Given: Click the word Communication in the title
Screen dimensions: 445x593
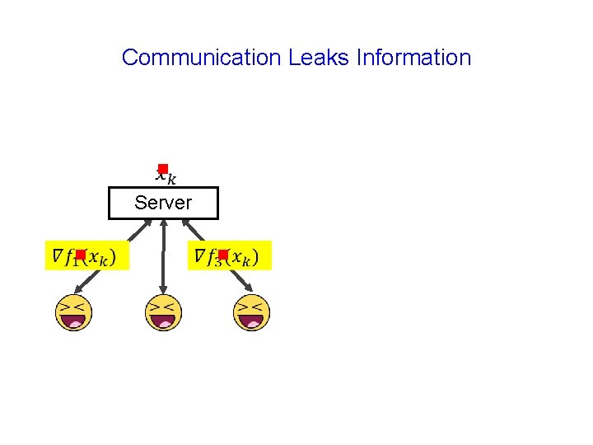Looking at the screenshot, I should (202, 58).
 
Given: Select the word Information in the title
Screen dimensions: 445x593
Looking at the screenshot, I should (413, 58).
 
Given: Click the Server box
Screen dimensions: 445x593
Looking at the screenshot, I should (163, 203).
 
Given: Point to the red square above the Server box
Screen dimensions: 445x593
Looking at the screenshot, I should (163, 169).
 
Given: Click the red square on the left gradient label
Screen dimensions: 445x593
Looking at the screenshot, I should (81, 255).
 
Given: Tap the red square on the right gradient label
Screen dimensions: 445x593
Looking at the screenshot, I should (222, 255).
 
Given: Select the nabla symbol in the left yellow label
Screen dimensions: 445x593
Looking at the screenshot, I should (57, 256).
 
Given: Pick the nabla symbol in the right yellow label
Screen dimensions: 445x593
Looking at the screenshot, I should (200, 256).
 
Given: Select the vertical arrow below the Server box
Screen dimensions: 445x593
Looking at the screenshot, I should (164, 255).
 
